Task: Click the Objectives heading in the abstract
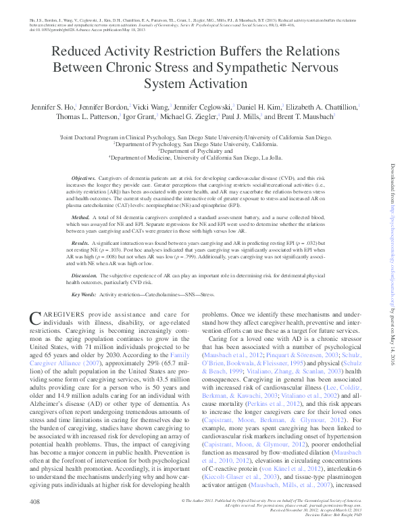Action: [84, 177]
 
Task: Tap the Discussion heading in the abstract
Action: [84, 276]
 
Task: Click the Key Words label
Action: [83, 294]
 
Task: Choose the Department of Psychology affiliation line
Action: [201, 143]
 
